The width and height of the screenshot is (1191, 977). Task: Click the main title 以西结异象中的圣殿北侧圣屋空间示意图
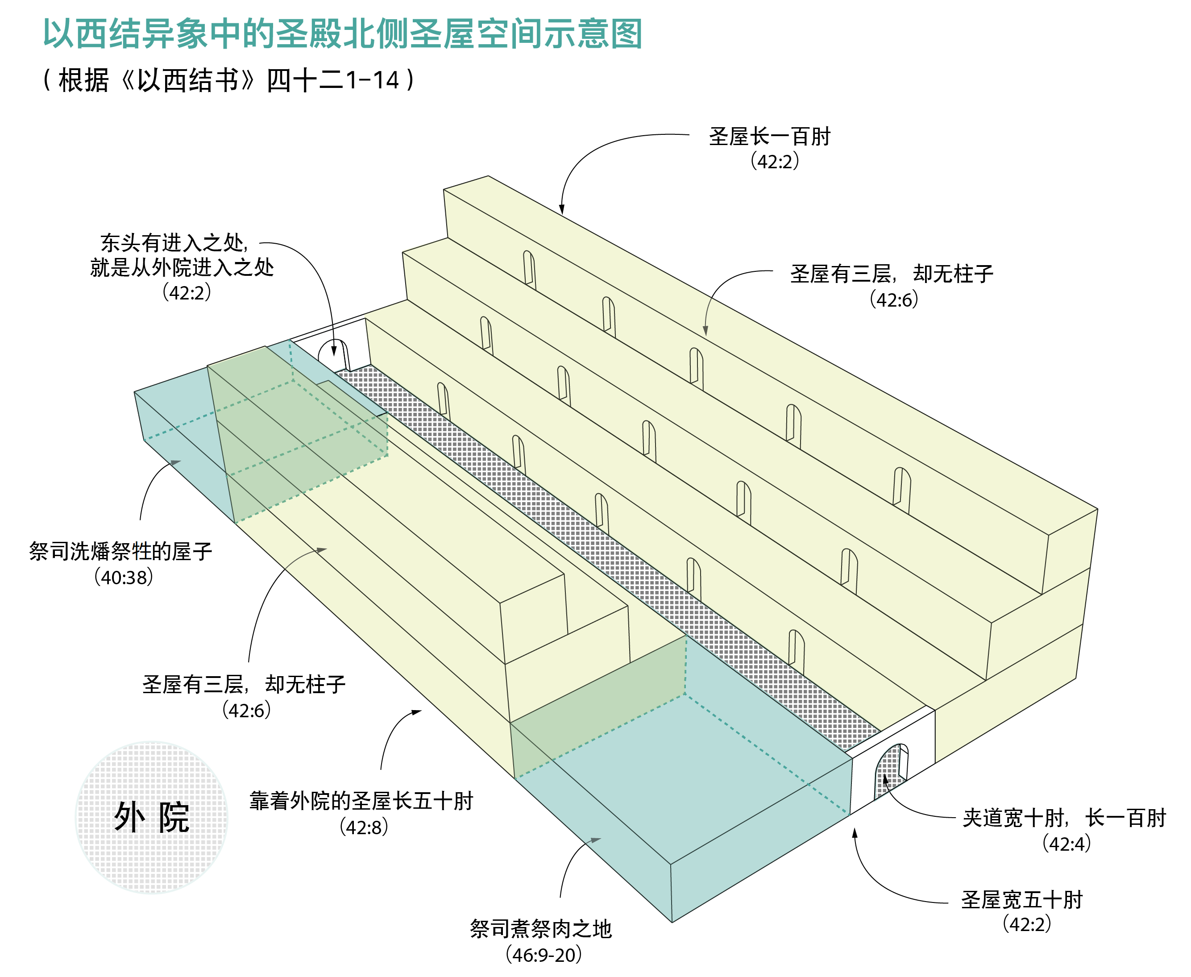[343, 34]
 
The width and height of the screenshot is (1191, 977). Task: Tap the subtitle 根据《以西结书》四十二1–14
[228, 80]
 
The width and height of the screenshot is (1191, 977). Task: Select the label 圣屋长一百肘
[769, 137]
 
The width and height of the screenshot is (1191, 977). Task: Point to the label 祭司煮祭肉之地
[540, 929]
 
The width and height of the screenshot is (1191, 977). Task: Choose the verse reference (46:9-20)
[544, 955]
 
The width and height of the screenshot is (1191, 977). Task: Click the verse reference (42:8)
[363, 827]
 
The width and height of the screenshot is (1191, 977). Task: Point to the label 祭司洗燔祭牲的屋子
[120, 552]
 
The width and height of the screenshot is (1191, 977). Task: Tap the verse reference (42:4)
[1066, 844]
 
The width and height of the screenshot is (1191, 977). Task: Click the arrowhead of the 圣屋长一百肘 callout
[561, 209]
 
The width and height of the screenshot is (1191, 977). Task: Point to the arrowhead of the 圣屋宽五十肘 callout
[855, 833]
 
